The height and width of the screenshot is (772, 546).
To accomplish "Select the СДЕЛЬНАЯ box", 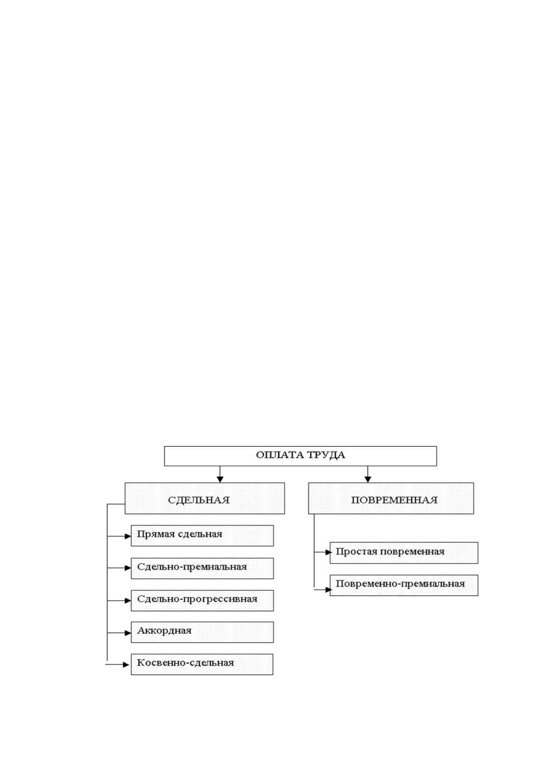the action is (x=205, y=498).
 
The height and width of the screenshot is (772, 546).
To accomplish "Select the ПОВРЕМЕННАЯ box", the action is (x=391, y=498).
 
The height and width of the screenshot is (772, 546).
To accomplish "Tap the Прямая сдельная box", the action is (x=202, y=536).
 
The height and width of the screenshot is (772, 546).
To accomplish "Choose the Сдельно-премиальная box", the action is (x=202, y=568).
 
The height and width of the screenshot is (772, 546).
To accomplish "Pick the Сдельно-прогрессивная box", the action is (x=202, y=601).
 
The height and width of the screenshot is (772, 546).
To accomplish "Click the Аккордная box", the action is (x=202, y=632).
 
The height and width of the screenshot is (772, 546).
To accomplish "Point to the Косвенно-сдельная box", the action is (x=202, y=664).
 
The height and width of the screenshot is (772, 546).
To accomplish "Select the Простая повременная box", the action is (x=404, y=553).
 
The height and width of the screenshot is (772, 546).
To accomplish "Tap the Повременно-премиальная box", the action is (x=404, y=585).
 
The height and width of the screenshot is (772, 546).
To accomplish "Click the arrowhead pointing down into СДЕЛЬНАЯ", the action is (x=220, y=480).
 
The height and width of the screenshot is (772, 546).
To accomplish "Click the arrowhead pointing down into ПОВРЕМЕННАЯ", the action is (x=368, y=480).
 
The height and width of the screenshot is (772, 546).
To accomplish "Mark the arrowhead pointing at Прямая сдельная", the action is (x=127, y=536).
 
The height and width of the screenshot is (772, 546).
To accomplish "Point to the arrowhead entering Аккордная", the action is (x=127, y=633).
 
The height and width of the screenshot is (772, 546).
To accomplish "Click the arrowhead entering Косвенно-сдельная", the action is (x=126, y=664).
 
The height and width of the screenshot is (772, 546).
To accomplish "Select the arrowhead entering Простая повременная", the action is (x=329, y=552).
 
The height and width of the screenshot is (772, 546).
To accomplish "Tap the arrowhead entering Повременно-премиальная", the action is (x=329, y=590).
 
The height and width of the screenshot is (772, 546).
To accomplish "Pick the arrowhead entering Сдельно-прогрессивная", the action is (x=127, y=601).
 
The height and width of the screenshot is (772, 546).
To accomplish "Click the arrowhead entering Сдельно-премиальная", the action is (x=127, y=568).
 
